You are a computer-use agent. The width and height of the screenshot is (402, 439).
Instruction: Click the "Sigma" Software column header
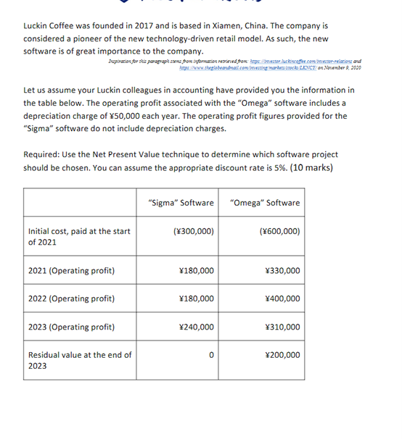(180, 202)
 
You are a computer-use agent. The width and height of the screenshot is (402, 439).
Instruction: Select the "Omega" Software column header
(264, 202)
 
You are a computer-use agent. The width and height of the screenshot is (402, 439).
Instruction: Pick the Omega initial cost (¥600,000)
(279, 231)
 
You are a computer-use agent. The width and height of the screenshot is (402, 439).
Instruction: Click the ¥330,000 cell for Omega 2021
(282, 270)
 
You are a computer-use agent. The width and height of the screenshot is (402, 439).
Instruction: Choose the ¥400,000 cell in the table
(282, 298)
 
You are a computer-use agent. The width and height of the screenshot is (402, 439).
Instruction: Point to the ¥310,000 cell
(282, 327)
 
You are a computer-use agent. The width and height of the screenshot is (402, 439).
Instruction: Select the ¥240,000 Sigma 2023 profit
(196, 327)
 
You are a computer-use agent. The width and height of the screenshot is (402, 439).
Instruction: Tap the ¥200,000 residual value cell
(282, 355)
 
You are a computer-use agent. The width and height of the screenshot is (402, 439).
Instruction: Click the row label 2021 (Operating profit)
(71, 270)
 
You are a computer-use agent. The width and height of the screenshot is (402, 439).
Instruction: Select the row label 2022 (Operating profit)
(71, 298)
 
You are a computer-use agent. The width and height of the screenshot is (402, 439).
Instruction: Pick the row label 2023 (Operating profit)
(71, 327)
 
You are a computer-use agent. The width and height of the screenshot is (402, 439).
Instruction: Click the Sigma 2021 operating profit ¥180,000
(196, 270)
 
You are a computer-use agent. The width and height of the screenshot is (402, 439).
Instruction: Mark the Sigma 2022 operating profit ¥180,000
(196, 298)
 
